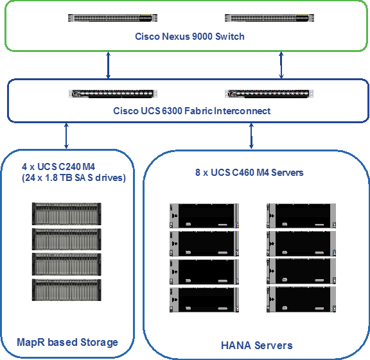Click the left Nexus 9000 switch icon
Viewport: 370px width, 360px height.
coord(112,18)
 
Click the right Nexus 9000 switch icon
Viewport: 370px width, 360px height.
coord(269,18)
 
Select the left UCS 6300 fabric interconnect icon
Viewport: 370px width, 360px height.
coord(113,94)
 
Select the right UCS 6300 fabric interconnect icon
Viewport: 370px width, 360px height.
coord(269,94)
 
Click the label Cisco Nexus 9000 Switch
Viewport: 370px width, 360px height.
coord(189,37)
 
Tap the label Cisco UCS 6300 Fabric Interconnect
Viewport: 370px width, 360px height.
coord(191,111)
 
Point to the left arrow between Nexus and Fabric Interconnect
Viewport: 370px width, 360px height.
coord(109,65)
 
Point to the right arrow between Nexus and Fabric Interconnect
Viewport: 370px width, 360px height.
coord(281,65)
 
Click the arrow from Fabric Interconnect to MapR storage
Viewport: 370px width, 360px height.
coord(66,136)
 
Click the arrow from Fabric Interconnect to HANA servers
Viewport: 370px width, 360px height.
coord(251,136)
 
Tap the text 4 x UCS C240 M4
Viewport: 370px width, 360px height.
coord(58,167)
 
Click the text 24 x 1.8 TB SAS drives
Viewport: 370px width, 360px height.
coord(74,178)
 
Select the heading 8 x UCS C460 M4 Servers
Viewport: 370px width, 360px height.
coord(249,173)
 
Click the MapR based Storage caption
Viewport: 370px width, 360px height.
coord(67,343)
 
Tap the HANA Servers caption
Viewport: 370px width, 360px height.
coord(256,345)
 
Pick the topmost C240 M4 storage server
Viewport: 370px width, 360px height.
coord(67,214)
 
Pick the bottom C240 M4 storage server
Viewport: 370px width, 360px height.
coord(67,290)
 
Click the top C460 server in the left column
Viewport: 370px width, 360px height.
coord(204,216)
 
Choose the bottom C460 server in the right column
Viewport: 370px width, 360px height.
coord(301,300)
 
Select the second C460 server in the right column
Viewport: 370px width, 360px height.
coord(301,244)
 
